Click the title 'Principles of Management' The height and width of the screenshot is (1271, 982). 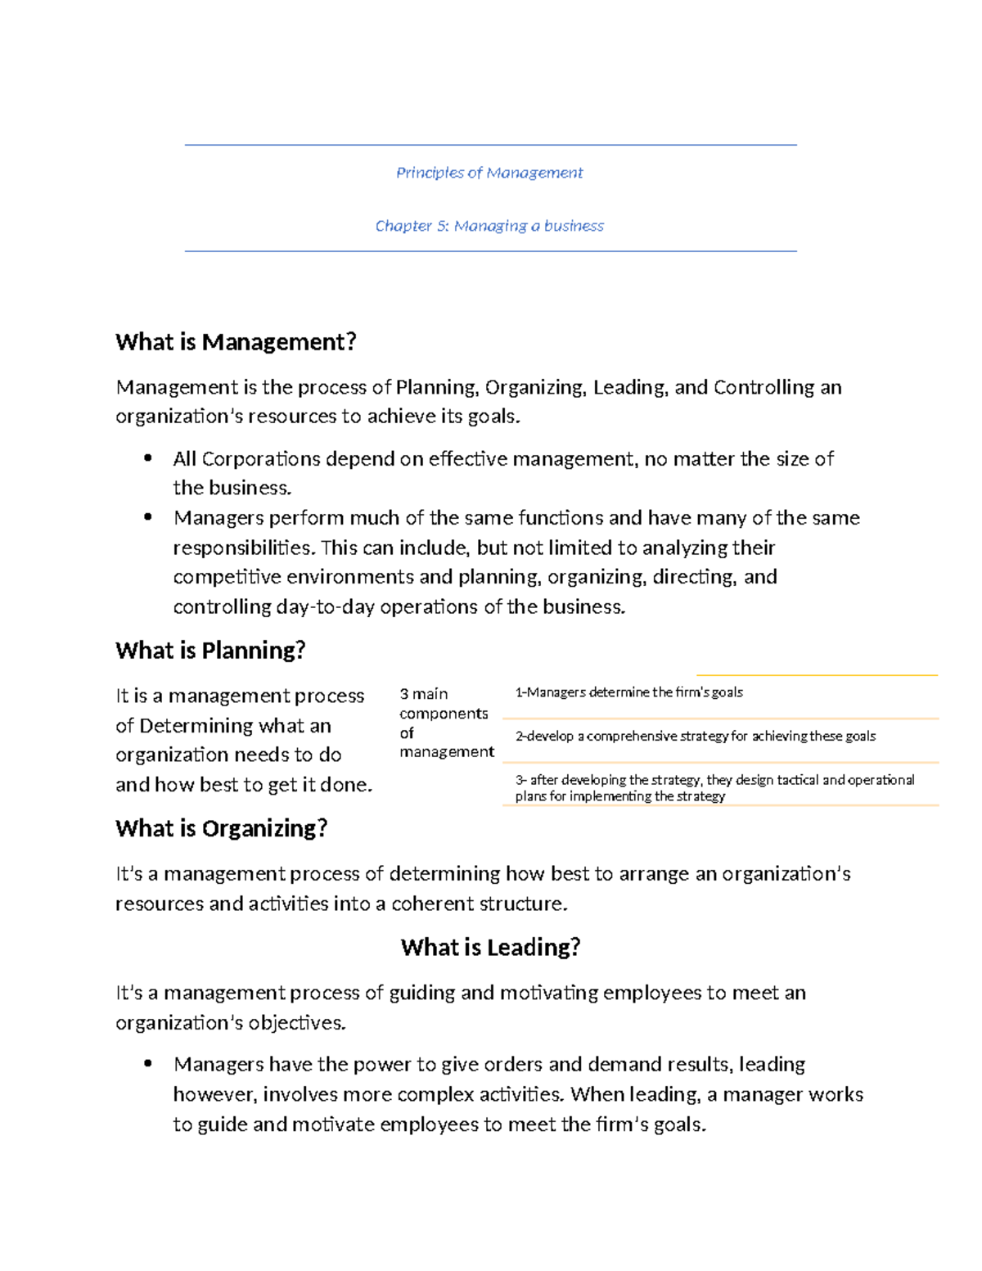(489, 173)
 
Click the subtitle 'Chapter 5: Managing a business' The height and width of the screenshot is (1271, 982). (489, 226)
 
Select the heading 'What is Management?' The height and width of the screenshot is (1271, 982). (236, 342)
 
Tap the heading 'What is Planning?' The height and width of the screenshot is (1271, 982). (210, 651)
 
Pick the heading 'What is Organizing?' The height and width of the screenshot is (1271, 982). (221, 828)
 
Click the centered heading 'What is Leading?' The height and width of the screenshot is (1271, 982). (490, 948)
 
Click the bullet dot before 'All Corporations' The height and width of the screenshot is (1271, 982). (148, 458)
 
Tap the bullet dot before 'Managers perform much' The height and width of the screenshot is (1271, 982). (148, 517)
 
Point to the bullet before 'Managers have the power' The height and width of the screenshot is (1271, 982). (148, 1064)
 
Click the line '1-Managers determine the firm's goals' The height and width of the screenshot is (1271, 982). (628, 692)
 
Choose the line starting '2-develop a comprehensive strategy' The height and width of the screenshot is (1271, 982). (695, 737)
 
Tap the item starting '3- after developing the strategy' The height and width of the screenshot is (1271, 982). (714, 787)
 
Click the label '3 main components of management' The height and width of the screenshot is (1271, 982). (446, 723)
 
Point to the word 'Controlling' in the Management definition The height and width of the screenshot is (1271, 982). (764, 387)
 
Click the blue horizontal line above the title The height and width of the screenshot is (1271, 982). (490, 146)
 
